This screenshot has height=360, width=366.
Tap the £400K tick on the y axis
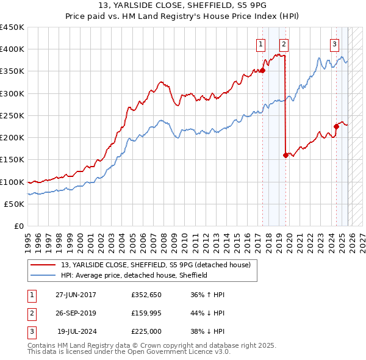[12, 49]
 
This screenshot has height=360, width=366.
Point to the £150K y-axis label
[12, 160]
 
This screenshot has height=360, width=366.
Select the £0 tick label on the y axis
[18, 226]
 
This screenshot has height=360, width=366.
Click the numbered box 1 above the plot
[261, 43]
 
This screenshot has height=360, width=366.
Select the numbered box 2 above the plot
[284, 43]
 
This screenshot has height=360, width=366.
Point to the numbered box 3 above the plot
[335, 43]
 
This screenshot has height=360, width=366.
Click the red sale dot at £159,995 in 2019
[285, 156]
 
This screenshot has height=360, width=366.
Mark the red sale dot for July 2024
[336, 127]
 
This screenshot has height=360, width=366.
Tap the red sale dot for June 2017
[263, 71]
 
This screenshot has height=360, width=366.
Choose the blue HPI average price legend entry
[134, 275]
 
